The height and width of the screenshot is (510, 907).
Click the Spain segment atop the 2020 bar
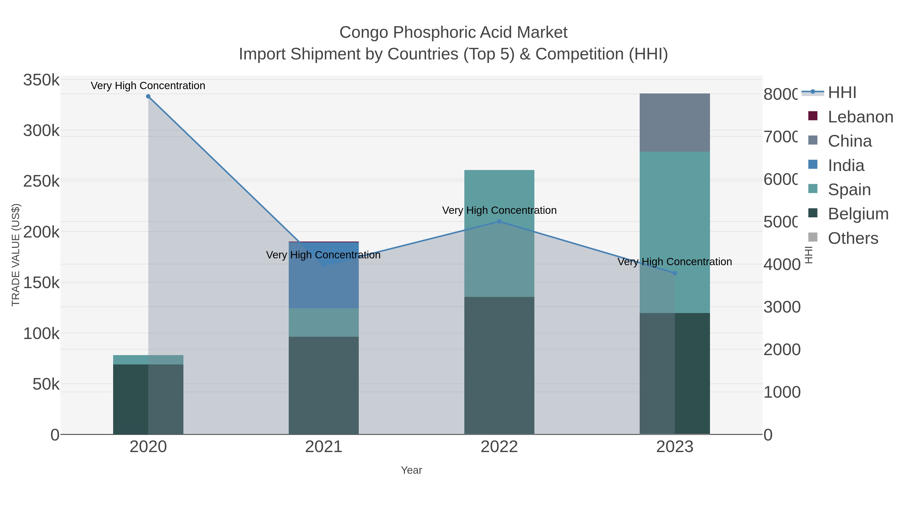(x=148, y=359)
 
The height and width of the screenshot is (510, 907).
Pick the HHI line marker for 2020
(x=148, y=96)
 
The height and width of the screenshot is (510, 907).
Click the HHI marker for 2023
(x=675, y=273)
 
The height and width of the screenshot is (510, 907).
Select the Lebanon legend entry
(x=860, y=117)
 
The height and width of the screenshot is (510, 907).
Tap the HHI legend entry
(x=841, y=93)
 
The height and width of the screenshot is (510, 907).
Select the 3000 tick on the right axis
(x=782, y=307)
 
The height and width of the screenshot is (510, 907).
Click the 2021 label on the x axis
(x=323, y=447)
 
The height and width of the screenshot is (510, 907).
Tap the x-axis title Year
(x=411, y=470)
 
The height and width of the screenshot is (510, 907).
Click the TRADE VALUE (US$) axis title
(x=16, y=255)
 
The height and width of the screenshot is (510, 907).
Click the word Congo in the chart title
(x=364, y=32)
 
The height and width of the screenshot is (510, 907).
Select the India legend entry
(x=846, y=165)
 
